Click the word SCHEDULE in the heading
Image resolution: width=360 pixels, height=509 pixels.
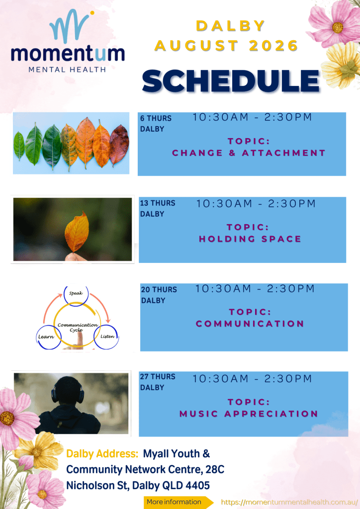point(231,81)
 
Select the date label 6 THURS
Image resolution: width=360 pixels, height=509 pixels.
point(156,118)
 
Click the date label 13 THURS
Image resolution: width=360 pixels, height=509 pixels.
point(158,203)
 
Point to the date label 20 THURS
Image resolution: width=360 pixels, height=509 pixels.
point(159,290)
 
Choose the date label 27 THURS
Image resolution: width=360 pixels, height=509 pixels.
point(158,377)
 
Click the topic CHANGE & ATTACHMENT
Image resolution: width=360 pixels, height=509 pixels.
point(249,153)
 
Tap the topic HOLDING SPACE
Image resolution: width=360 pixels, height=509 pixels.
point(250,239)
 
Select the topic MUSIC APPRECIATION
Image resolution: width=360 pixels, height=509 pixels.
point(249,414)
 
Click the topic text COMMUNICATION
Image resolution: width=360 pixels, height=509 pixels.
point(250,324)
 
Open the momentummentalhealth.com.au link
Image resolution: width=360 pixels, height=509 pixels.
point(289,502)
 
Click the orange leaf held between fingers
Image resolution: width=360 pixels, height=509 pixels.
point(77,232)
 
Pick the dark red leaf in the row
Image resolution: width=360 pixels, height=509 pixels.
point(119,145)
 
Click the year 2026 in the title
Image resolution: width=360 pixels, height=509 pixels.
point(273,46)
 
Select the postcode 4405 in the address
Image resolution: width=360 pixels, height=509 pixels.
point(198,485)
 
